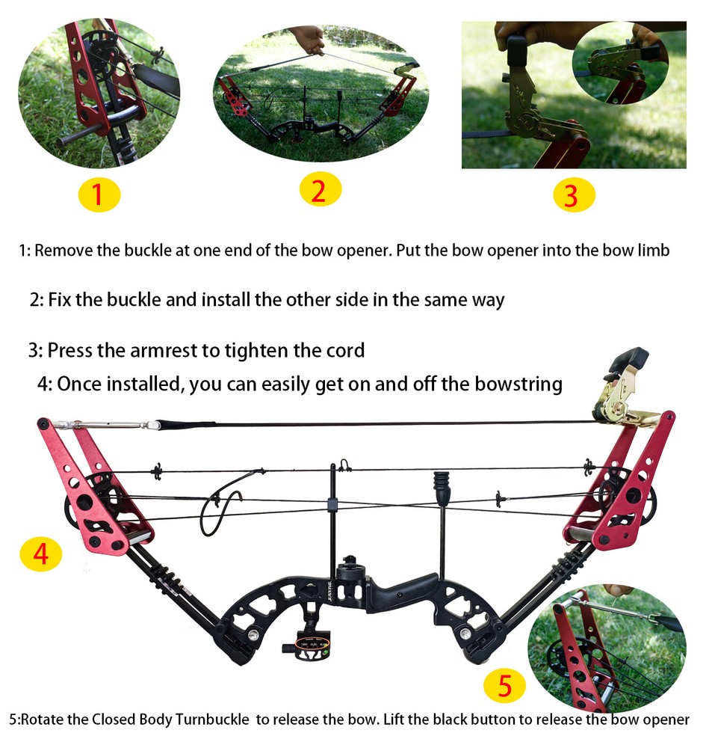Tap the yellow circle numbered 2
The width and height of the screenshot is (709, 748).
pos(320,191)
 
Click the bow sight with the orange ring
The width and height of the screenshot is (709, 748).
pos(311,645)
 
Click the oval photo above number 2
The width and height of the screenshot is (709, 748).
pos(321,94)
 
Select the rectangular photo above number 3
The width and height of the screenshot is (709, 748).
pos(573,94)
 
